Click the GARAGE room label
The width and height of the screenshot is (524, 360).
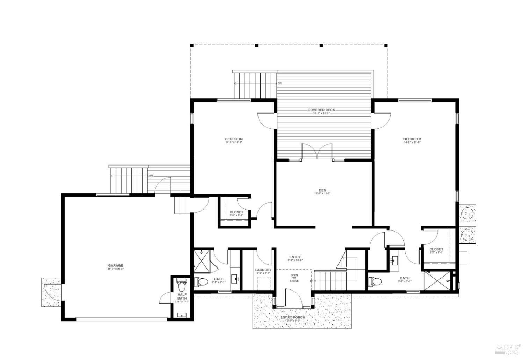115,265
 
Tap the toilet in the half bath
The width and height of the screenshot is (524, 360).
181,285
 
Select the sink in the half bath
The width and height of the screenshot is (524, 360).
182,315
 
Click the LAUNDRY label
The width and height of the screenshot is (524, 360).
263,270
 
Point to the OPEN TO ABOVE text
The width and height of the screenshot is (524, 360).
294,278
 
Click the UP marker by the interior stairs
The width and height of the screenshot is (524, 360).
311,281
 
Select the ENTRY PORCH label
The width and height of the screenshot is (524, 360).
293,317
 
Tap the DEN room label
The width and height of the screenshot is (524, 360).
322,190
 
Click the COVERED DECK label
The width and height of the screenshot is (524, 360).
321,110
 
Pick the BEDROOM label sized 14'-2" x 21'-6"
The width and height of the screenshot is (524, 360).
412,139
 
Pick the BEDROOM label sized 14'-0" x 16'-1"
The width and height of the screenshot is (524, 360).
234,139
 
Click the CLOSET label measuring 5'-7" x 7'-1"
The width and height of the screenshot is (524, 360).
436,249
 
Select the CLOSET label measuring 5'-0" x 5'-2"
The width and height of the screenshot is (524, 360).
236,212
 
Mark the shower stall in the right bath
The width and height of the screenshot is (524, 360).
437,281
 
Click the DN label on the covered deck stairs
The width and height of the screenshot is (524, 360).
279,83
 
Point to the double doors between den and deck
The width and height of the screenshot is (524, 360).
316,152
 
